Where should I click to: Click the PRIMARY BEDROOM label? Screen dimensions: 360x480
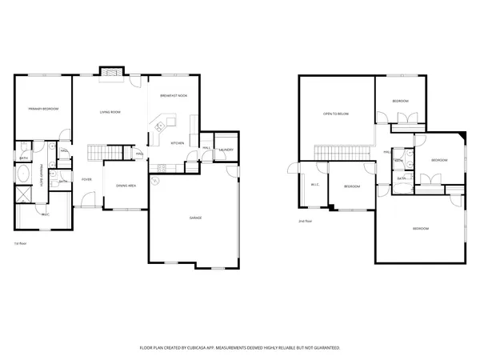43,108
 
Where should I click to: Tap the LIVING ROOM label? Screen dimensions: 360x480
110,112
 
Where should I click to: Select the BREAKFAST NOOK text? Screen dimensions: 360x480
174,95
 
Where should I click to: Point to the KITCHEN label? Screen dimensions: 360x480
177,144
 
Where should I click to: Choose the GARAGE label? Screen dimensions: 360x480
194,218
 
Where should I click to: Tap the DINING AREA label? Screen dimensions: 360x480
126,186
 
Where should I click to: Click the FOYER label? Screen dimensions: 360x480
86,179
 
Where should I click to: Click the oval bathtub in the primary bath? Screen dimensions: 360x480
24,174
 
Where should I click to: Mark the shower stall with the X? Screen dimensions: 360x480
24,195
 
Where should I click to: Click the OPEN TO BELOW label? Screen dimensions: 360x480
336,114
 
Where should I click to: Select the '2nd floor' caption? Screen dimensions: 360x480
305,221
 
